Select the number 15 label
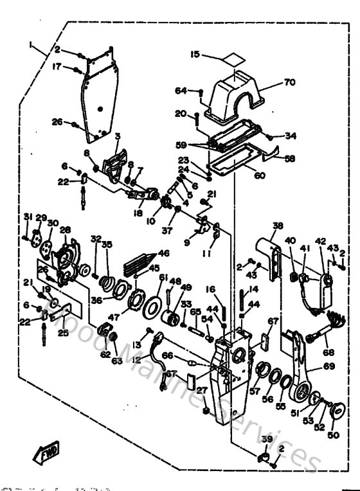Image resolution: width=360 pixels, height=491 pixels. coord(195,54)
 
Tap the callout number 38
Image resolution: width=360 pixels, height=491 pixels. coord(278,226)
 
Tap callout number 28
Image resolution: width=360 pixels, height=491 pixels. coord(64,230)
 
